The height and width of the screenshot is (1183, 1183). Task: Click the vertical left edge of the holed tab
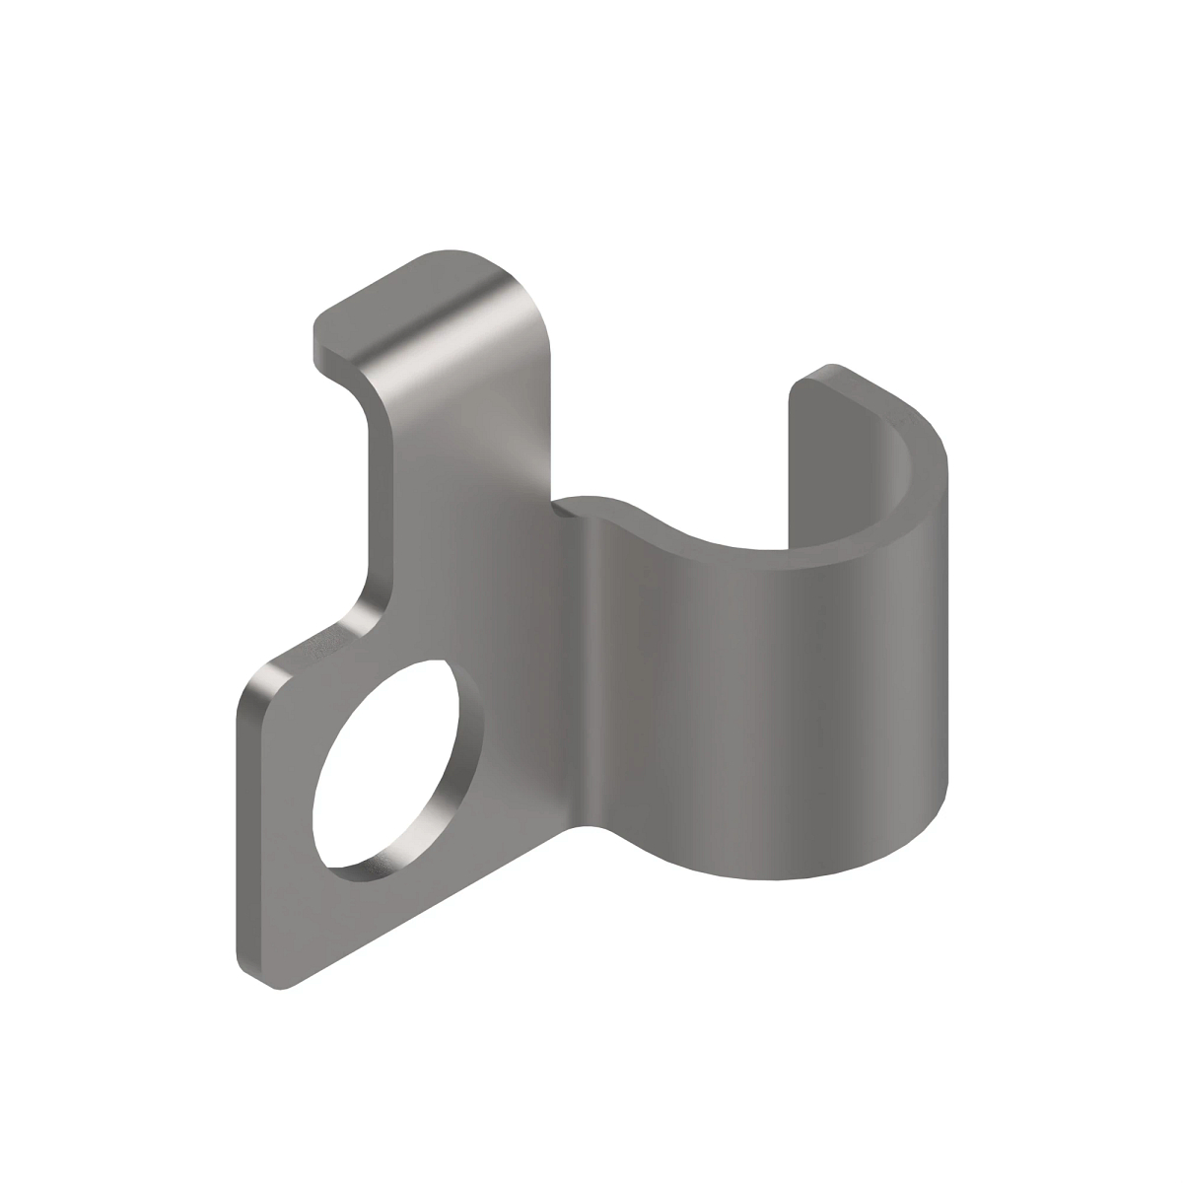[x=239, y=828]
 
